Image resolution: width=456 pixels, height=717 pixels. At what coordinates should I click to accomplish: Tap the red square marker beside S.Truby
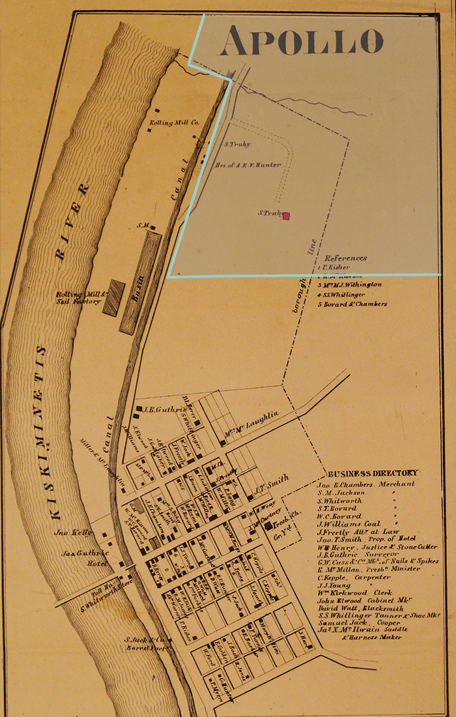click(x=285, y=216)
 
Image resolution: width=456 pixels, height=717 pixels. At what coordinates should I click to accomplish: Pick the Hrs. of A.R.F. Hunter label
click(x=248, y=165)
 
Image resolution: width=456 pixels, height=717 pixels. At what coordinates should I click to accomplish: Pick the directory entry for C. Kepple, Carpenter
click(x=354, y=577)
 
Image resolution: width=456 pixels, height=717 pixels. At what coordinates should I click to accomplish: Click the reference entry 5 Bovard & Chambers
click(x=352, y=304)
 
